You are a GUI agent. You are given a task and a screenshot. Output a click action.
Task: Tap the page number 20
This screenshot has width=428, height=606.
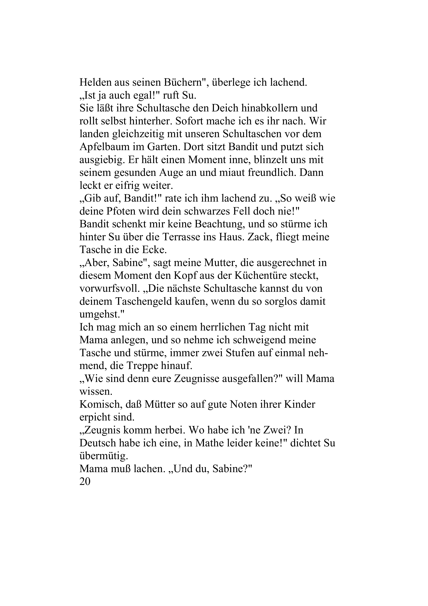(85, 482)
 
